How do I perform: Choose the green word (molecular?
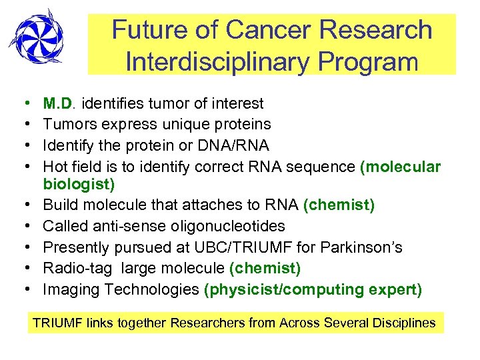tap(400, 166)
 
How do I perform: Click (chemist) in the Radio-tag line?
tap(265, 268)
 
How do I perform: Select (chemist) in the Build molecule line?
tap(339, 205)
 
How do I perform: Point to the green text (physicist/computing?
tap(281, 289)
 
